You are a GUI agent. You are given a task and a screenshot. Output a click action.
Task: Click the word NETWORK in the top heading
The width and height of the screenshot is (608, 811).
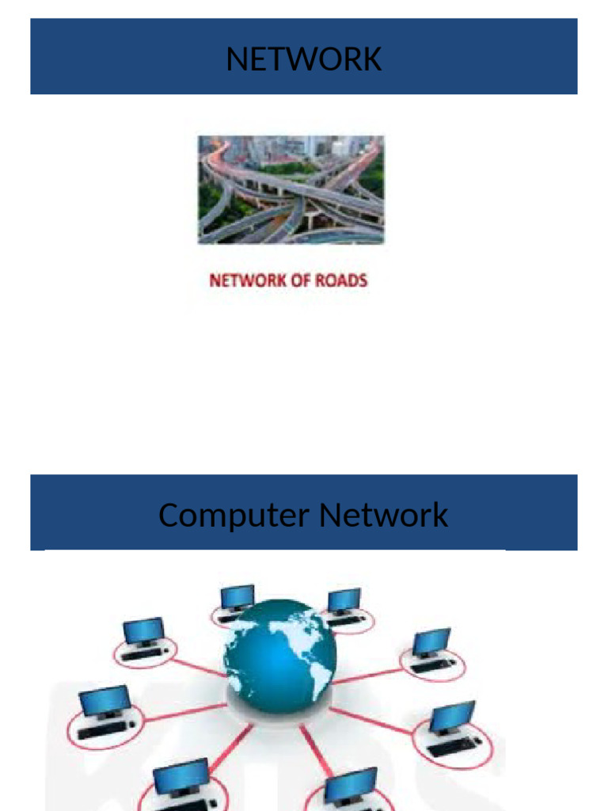click(x=304, y=59)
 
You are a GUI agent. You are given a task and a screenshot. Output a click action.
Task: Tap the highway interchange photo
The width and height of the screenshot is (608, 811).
click(x=291, y=189)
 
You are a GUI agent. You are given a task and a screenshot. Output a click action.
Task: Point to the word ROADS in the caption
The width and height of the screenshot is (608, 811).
click(x=340, y=280)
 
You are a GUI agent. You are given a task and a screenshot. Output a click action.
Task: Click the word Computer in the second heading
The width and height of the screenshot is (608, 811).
click(x=234, y=516)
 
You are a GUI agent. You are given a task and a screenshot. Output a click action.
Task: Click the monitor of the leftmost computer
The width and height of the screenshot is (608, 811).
click(x=104, y=701)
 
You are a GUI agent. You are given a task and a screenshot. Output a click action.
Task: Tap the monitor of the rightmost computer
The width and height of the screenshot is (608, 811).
click(x=452, y=716)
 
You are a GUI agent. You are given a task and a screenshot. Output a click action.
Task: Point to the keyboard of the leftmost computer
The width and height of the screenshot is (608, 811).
click(x=101, y=730)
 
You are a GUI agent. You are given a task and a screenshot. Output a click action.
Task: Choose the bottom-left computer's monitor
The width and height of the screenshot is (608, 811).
click(x=180, y=777)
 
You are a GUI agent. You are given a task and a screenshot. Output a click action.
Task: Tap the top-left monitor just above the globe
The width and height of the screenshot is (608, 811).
click(x=237, y=596)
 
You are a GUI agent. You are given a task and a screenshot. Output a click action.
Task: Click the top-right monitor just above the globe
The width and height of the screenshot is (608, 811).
click(x=344, y=600)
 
